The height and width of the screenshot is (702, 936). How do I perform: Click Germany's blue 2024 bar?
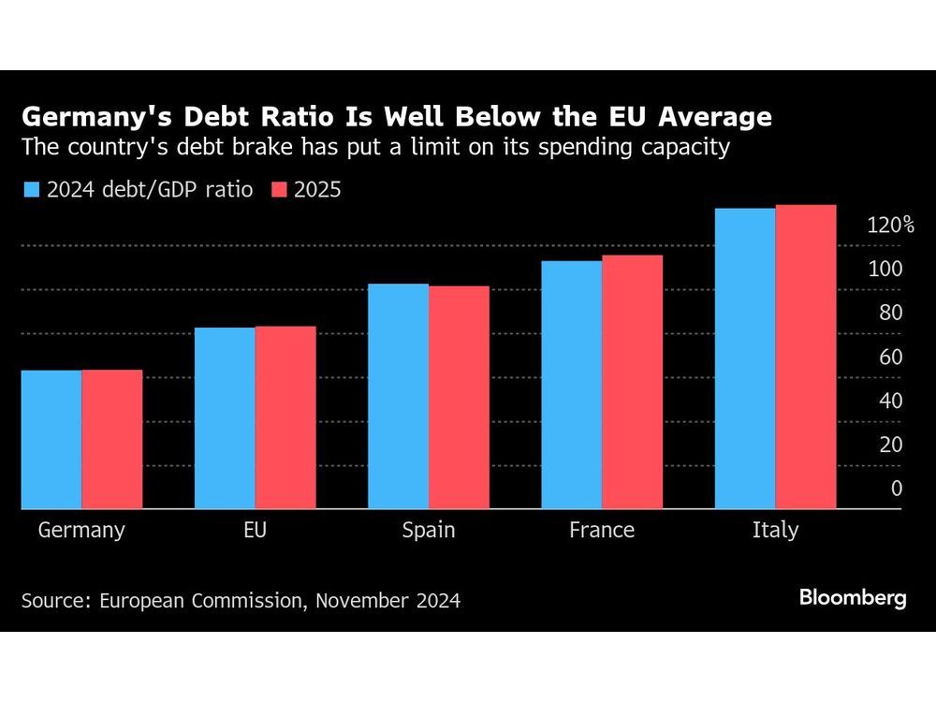tap(51, 440)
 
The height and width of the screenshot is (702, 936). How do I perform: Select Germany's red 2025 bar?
tap(112, 440)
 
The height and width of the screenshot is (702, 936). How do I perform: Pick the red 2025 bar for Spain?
tap(459, 398)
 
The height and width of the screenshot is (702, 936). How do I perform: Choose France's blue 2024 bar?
tap(571, 385)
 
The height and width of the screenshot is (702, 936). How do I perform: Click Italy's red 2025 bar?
tap(806, 357)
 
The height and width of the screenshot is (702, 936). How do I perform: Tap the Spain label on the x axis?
tap(428, 530)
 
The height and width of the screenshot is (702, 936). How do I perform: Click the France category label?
tap(602, 530)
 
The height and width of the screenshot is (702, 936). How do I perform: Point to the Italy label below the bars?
tap(775, 530)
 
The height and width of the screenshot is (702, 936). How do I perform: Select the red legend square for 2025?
tap(278, 190)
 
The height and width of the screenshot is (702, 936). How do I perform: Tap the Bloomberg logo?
tap(853, 598)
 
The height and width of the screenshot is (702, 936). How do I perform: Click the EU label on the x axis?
tap(255, 530)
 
